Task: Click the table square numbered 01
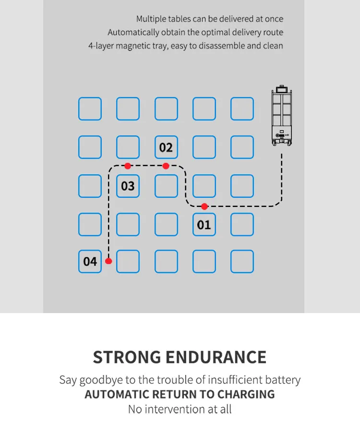coord(204,224)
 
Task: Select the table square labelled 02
coord(166,147)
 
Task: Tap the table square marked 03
coord(128,186)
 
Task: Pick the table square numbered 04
coord(90,261)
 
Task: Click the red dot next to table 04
coord(108,261)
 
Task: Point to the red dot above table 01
coord(204,206)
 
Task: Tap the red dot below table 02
coord(166,166)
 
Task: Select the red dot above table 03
coord(128,166)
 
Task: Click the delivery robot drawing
coord(282,115)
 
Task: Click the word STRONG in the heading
coord(127,357)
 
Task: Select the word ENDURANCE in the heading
coord(216,357)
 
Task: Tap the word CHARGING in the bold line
coord(246,394)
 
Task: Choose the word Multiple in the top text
coord(151,19)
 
